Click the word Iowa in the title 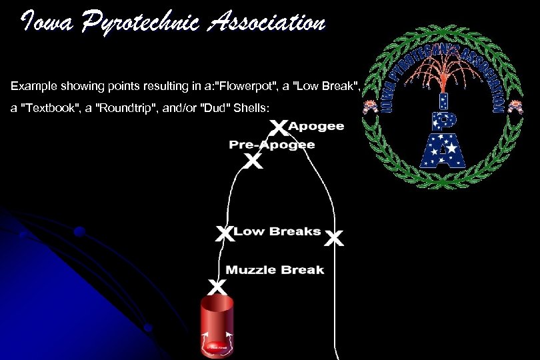tap(45, 24)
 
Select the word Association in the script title tap(267, 24)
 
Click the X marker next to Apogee tap(279, 127)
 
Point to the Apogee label tap(316, 125)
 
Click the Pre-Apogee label tap(272, 145)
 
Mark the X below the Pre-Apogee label tap(252, 161)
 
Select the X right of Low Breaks tap(335, 238)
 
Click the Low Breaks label tap(277, 231)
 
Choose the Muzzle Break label tap(275, 270)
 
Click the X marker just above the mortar tap(216, 287)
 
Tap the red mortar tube tap(217, 327)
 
